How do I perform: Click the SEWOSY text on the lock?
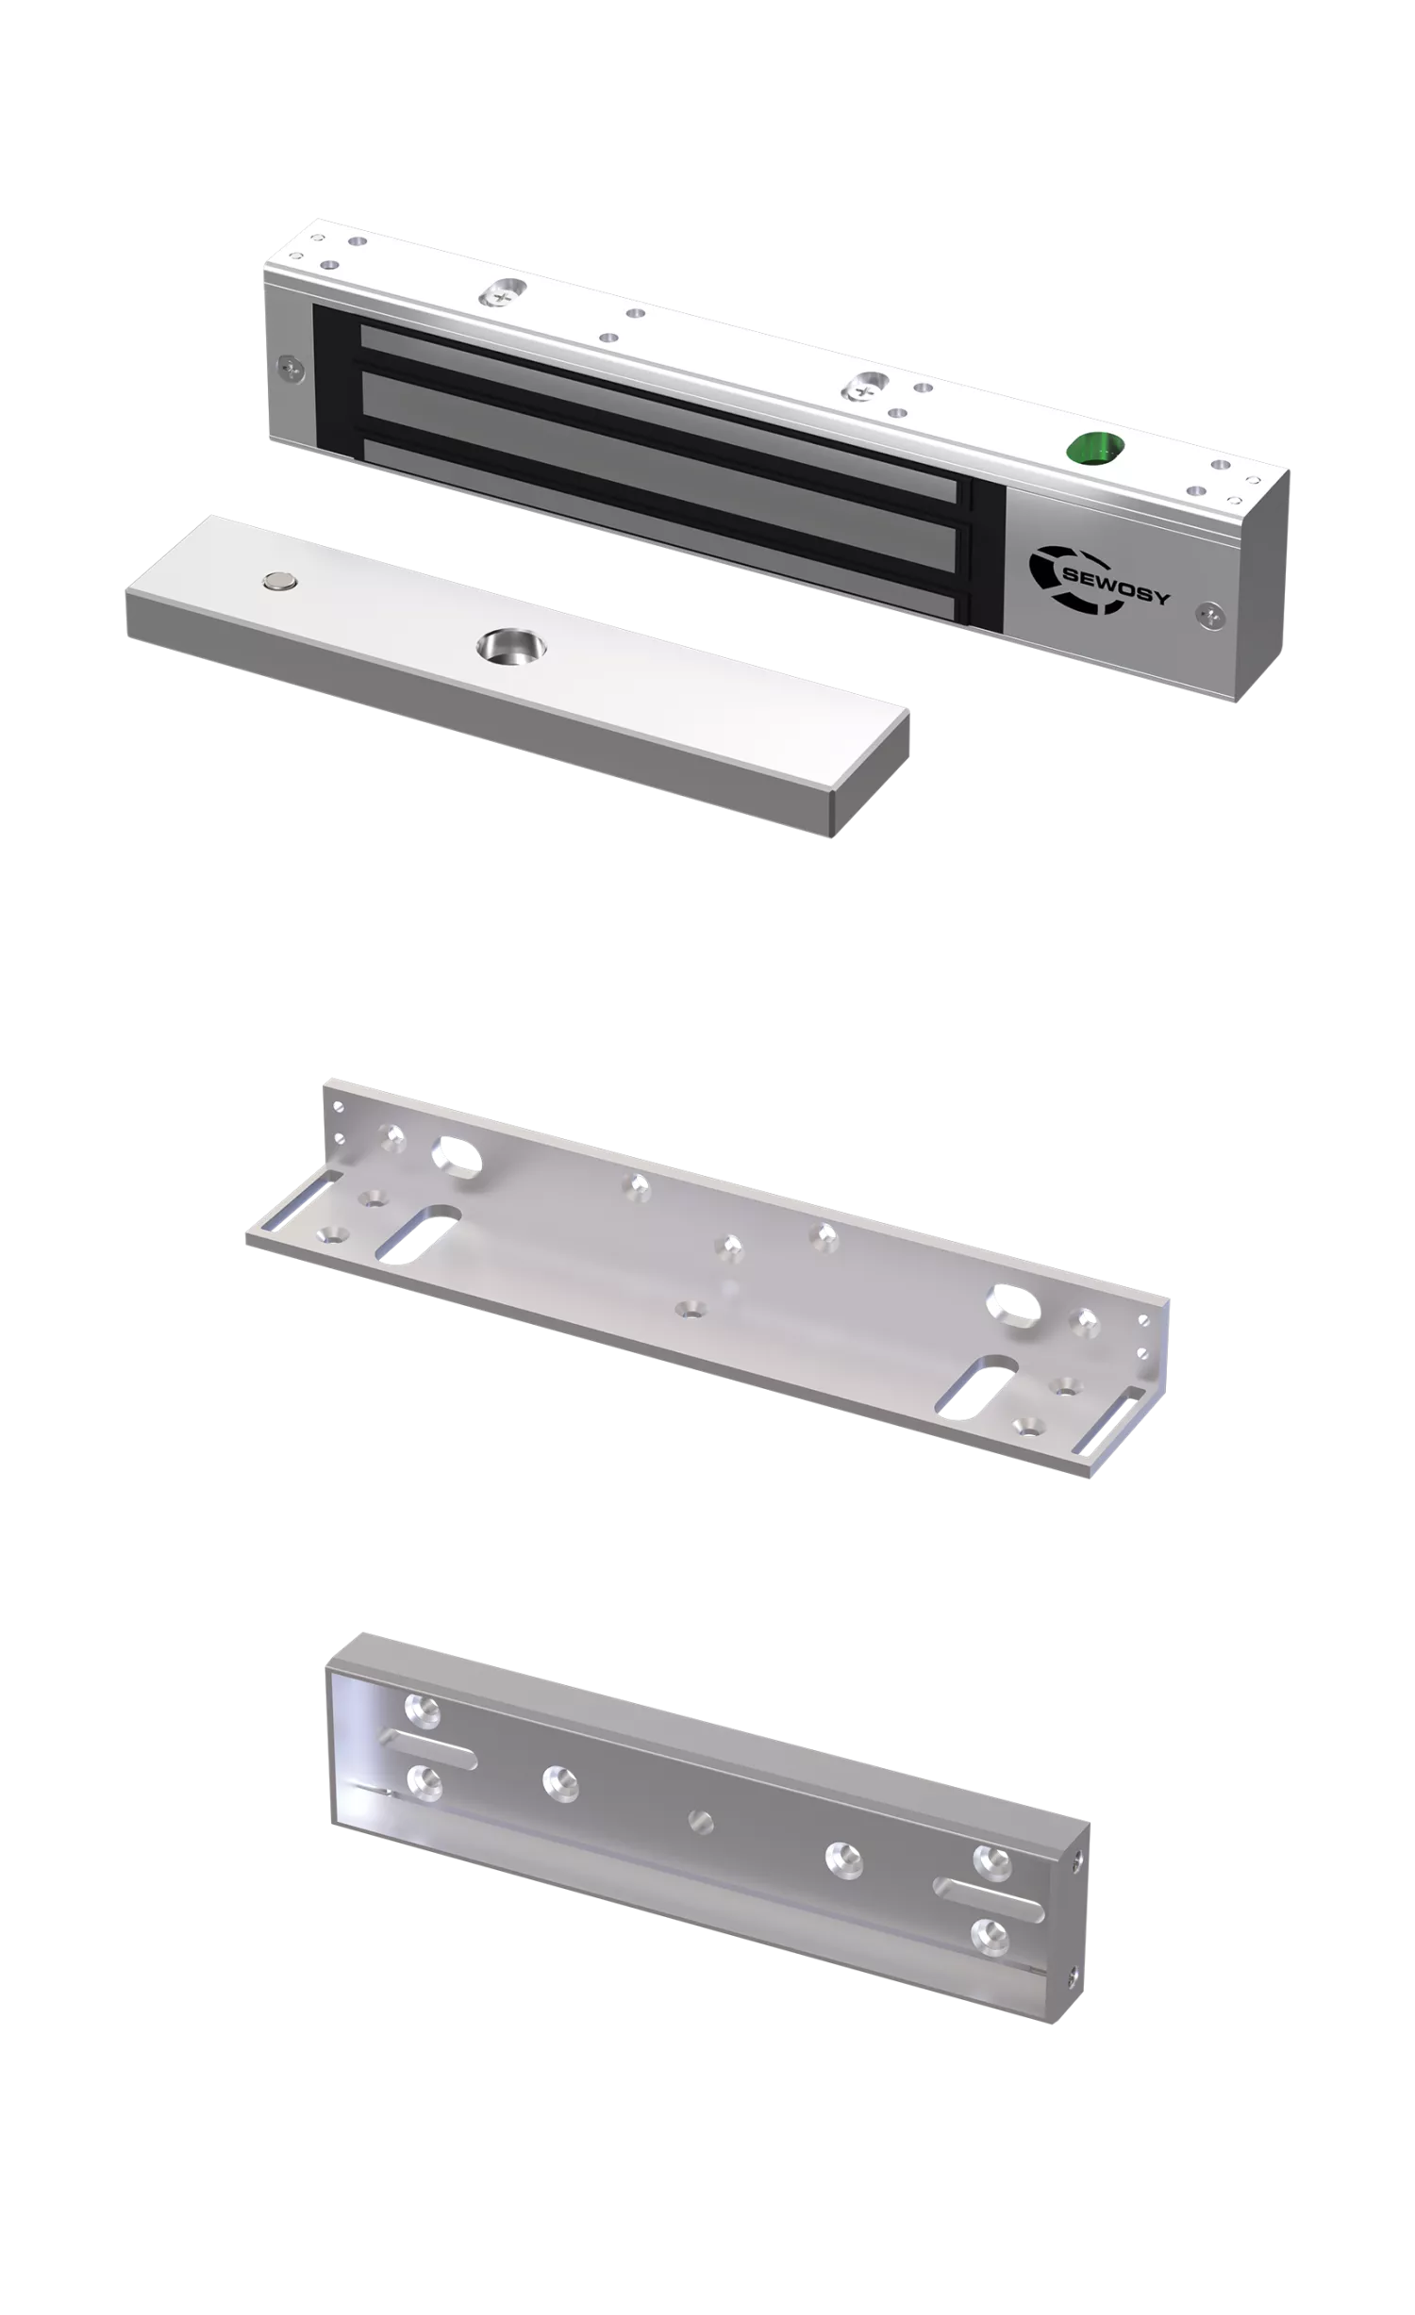click(1115, 586)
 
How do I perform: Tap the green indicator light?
click(1094, 448)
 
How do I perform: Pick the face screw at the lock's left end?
click(291, 368)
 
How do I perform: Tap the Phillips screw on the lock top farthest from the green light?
click(503, 294)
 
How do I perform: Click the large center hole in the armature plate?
click(511, 648)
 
